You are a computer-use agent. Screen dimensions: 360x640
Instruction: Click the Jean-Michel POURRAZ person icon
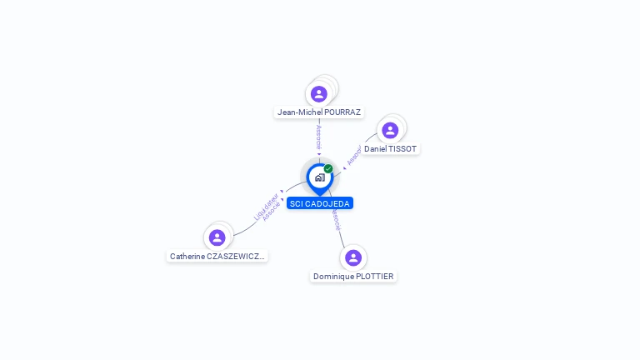[318, 93]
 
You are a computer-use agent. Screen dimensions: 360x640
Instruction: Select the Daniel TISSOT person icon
[389, 130]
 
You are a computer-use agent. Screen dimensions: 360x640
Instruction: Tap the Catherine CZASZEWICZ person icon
[217, 237]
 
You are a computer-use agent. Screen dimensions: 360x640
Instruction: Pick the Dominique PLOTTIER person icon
[353, 257]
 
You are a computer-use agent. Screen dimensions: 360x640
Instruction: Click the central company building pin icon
[319, 177]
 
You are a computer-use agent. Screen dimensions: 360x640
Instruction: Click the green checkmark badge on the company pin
[328, 169]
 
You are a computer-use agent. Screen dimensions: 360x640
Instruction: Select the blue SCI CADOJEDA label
[320, 203]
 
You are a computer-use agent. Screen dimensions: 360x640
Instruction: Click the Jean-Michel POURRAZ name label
[319, 112]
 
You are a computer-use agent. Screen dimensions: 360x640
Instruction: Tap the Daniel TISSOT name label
[391, 148]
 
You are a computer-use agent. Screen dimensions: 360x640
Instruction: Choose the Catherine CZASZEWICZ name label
[217, 257]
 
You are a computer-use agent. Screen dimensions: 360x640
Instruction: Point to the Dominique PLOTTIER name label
[353, 276]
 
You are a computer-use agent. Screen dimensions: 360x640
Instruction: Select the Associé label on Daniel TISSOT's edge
[353, 156]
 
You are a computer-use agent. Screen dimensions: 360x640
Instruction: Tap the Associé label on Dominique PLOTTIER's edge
[335, 219]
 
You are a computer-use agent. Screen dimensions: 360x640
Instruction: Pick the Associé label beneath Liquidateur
[271, 211]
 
